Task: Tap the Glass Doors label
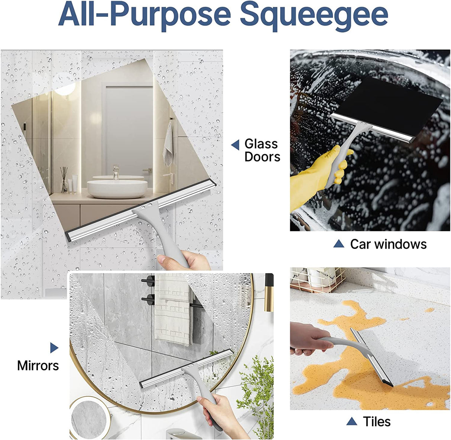coord(262,150)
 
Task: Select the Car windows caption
coord(388,244)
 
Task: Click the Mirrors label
coord(38,365)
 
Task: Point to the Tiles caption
coord(377,421)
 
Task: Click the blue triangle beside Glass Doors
coord(236,145)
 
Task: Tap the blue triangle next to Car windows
coord(338,244)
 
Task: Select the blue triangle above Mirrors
coord(54,348)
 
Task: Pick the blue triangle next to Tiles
coord(351,421)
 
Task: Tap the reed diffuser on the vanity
coord(64,180)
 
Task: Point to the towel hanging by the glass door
coord(168,145)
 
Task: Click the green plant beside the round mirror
coord(256,386)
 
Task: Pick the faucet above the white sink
coord(116,172)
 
